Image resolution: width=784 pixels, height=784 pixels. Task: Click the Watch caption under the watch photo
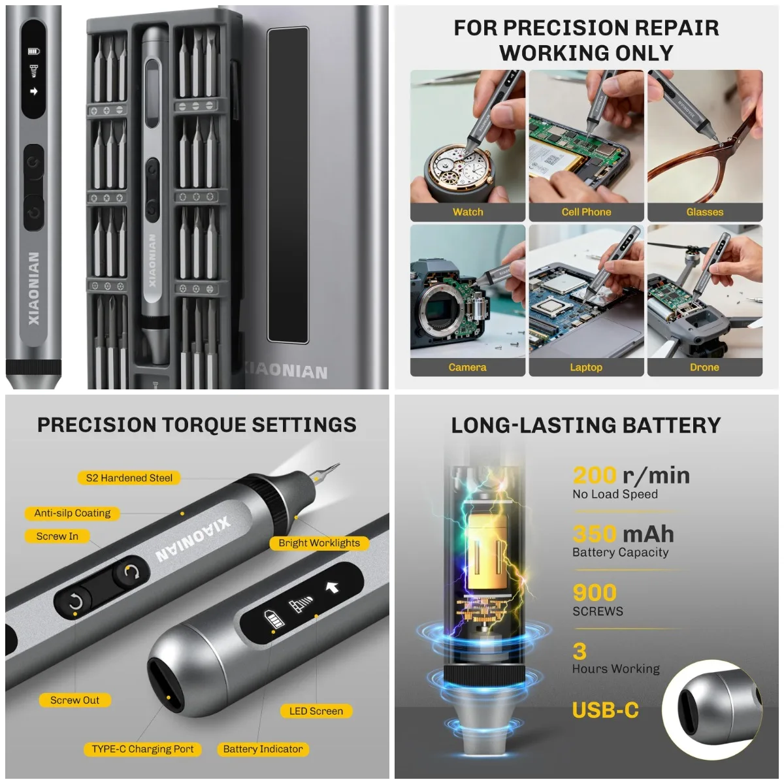[x=468, y=212]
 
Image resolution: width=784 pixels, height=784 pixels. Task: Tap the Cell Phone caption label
[x=586, y=212]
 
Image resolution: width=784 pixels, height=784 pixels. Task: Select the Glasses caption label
[x=704, y=212]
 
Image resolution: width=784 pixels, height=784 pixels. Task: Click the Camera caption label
[x=467, y=367]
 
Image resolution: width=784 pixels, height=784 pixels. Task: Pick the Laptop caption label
[x=586, y=367]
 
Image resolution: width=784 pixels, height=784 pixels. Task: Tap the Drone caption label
[x=704, y=367]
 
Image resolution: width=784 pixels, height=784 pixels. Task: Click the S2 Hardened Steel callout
[x=129, y=478]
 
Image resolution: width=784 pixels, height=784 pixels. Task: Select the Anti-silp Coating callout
[x=73, y=513]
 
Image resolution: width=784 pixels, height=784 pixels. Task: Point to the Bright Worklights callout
[x=319, y=542]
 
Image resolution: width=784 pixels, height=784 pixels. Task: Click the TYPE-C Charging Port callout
[x=142, y=749]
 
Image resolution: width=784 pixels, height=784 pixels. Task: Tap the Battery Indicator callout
[x=263, y=749]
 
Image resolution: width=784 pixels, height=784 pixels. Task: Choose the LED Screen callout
[x=316, y=711]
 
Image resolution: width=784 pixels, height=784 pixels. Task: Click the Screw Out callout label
[x=74, y=700]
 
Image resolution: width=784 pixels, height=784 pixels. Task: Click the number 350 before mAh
[x=595, y=534]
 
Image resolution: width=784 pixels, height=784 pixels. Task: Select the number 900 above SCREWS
[x=595, y=592]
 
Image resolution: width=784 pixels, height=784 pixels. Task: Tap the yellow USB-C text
[x=605, y=710]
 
